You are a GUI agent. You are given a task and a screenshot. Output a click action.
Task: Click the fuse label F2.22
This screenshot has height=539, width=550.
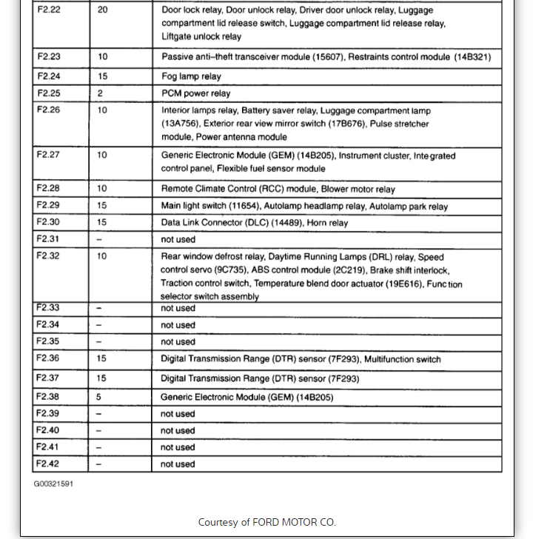click(x=49, y=11)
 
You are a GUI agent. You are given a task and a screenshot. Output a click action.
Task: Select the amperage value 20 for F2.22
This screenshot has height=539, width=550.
click(x=102, y=11)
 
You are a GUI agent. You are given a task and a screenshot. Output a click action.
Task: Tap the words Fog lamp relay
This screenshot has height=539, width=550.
click(x=191, y=76)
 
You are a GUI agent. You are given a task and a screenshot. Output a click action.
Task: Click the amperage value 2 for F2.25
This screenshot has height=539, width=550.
click(x=100, y=93)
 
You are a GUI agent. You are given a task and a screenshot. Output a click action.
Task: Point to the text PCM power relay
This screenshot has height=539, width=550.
click(x=195, y=93)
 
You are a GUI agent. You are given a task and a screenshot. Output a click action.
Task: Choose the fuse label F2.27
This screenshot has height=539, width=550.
click(x=49, y=155)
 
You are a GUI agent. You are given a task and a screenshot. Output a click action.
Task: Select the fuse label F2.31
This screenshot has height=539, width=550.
click(x=49, y=239)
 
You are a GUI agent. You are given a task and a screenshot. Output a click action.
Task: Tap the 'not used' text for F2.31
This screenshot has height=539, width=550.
click(x=178, y=239)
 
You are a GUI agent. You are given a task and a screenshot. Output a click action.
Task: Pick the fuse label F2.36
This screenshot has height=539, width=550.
click(x=49, y=358)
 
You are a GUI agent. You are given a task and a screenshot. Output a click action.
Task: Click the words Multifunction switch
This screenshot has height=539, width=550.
click(x=402, y=359)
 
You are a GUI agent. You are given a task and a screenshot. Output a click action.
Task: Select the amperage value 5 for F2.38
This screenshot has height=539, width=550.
click(x=100, y=397)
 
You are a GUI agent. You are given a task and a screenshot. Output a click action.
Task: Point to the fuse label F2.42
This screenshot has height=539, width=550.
click(x=49, y=464)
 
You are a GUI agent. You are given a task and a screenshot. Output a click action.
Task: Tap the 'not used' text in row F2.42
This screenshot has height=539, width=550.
click(x=178, y=464)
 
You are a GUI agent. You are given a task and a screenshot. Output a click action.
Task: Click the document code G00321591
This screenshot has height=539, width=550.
click(x=53, y=484)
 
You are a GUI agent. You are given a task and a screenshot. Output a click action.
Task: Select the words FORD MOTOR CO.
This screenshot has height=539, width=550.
click(x=294, y=522)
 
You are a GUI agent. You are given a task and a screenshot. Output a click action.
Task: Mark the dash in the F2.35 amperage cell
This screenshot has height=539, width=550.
click(x=100, y=342)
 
